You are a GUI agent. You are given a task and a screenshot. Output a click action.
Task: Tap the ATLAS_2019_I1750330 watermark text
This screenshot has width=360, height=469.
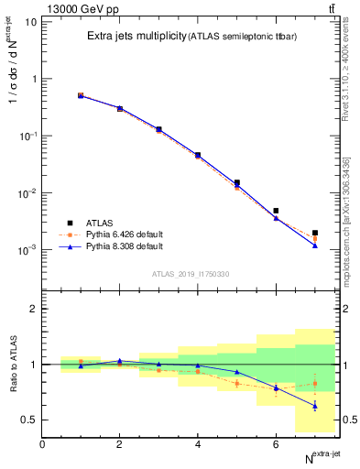(191, 273)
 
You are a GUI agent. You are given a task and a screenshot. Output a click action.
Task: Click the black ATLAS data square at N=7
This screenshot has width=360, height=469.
(315, 233)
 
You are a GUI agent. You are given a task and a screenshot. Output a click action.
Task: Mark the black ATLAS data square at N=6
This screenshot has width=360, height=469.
(276, 211)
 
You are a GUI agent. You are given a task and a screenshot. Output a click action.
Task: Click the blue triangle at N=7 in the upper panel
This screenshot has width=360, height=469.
(315, 245)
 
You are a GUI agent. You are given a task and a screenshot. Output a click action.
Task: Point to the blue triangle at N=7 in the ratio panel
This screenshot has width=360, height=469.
(315, 406)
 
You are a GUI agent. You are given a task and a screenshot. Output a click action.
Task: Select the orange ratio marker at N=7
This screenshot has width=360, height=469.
(315, 384)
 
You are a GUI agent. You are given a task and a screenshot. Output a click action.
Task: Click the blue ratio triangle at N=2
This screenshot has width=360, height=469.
(119, 361)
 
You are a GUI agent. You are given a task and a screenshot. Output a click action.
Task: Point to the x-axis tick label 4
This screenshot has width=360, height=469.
(198, 444)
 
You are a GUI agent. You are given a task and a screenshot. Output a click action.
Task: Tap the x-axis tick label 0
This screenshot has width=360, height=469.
(42, 444)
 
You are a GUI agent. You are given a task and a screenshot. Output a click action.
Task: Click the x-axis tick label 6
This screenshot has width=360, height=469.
(276, 444)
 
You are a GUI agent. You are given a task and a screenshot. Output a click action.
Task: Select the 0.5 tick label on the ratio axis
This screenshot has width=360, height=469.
(27, 420)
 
